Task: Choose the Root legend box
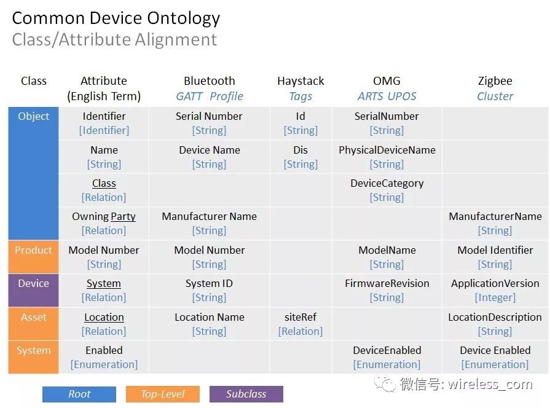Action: point(79,394)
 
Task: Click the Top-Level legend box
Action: point(163,394)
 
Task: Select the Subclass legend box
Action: point(246,394)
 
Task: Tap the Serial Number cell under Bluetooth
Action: point(209,123)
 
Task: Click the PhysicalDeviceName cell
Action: point(387,157)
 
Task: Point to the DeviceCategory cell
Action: point(387,190)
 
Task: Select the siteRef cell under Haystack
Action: point(301,324)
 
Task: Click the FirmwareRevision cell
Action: point(387,290)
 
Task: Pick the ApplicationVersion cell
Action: point(495,290)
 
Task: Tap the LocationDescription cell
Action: point(495,324)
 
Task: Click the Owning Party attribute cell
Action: point(104,223)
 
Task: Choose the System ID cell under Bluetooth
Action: point(209,290)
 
